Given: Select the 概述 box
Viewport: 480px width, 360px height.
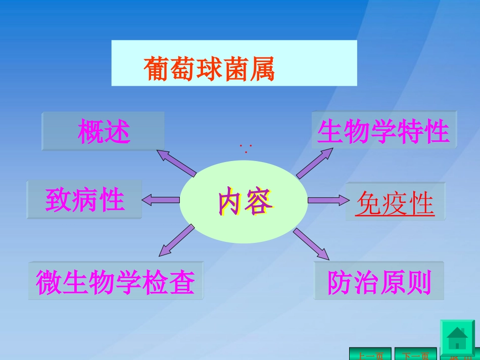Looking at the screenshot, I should pos(104,131).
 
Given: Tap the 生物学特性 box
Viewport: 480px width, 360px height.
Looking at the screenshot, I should pos(383,131).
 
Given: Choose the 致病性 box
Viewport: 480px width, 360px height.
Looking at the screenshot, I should pos(84,199).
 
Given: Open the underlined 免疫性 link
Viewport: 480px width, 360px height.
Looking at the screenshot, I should pos(395,204).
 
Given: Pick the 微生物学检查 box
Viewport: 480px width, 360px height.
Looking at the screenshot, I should pos(116,281).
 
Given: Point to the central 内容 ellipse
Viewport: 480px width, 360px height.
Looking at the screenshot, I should pos(244,202).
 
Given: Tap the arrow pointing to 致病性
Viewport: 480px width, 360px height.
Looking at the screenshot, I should pos(161,199).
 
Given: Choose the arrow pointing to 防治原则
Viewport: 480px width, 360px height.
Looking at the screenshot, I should pos(311,242).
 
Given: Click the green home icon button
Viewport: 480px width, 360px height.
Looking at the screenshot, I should pos(457,337).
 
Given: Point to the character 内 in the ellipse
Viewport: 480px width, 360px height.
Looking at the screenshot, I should pos(230,203).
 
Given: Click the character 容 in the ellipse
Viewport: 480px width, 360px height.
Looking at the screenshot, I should pos(258,203).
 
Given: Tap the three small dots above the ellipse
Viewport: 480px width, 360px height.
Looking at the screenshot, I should pos(246,148).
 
